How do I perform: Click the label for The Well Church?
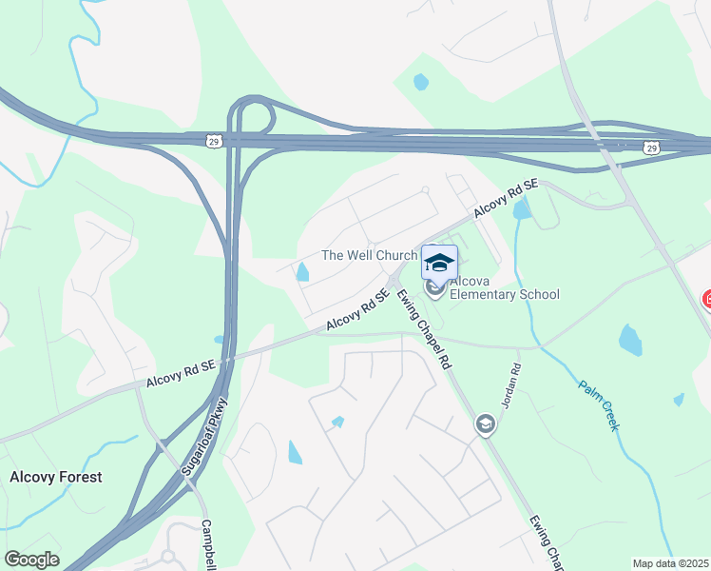click(x=369, y=255)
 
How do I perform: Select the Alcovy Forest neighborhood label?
click(x=55, y=477)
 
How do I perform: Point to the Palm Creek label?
click(x=599, y=404)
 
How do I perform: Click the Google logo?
click(x=31, y=560)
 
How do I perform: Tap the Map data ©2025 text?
click(x=670, y=563)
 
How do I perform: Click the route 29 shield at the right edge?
click(x=650, y=148)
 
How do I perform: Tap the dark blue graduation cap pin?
click(x=439, y=262)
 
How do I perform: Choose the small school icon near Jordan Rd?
click(x=485, y=423)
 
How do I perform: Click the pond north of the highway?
click(x=420, y=82)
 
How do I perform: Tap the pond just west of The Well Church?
click(x=302, y=273)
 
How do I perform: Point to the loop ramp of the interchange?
click(x=253, y=115)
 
